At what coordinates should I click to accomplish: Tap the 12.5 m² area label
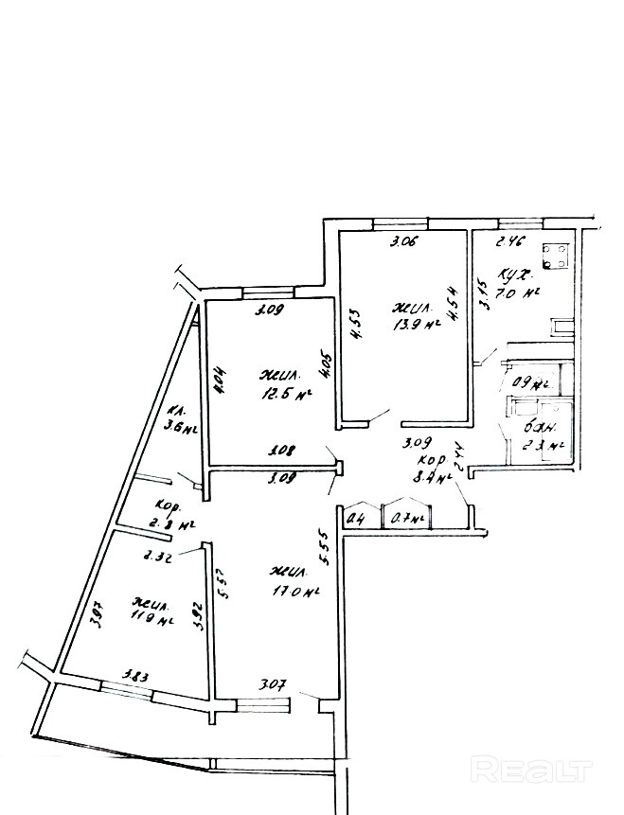click(x=291, y=395)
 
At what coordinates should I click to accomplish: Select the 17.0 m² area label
click(x=295, y=592)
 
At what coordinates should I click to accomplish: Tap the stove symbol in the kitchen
click(x=555, y=254)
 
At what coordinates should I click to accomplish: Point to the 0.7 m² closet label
click(x=406, y=519)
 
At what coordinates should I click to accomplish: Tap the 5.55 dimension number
click(x=324, y=547)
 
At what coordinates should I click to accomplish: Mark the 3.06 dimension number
click(x=407, y=243)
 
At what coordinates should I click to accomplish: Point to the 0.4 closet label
click(x=358, y=518)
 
